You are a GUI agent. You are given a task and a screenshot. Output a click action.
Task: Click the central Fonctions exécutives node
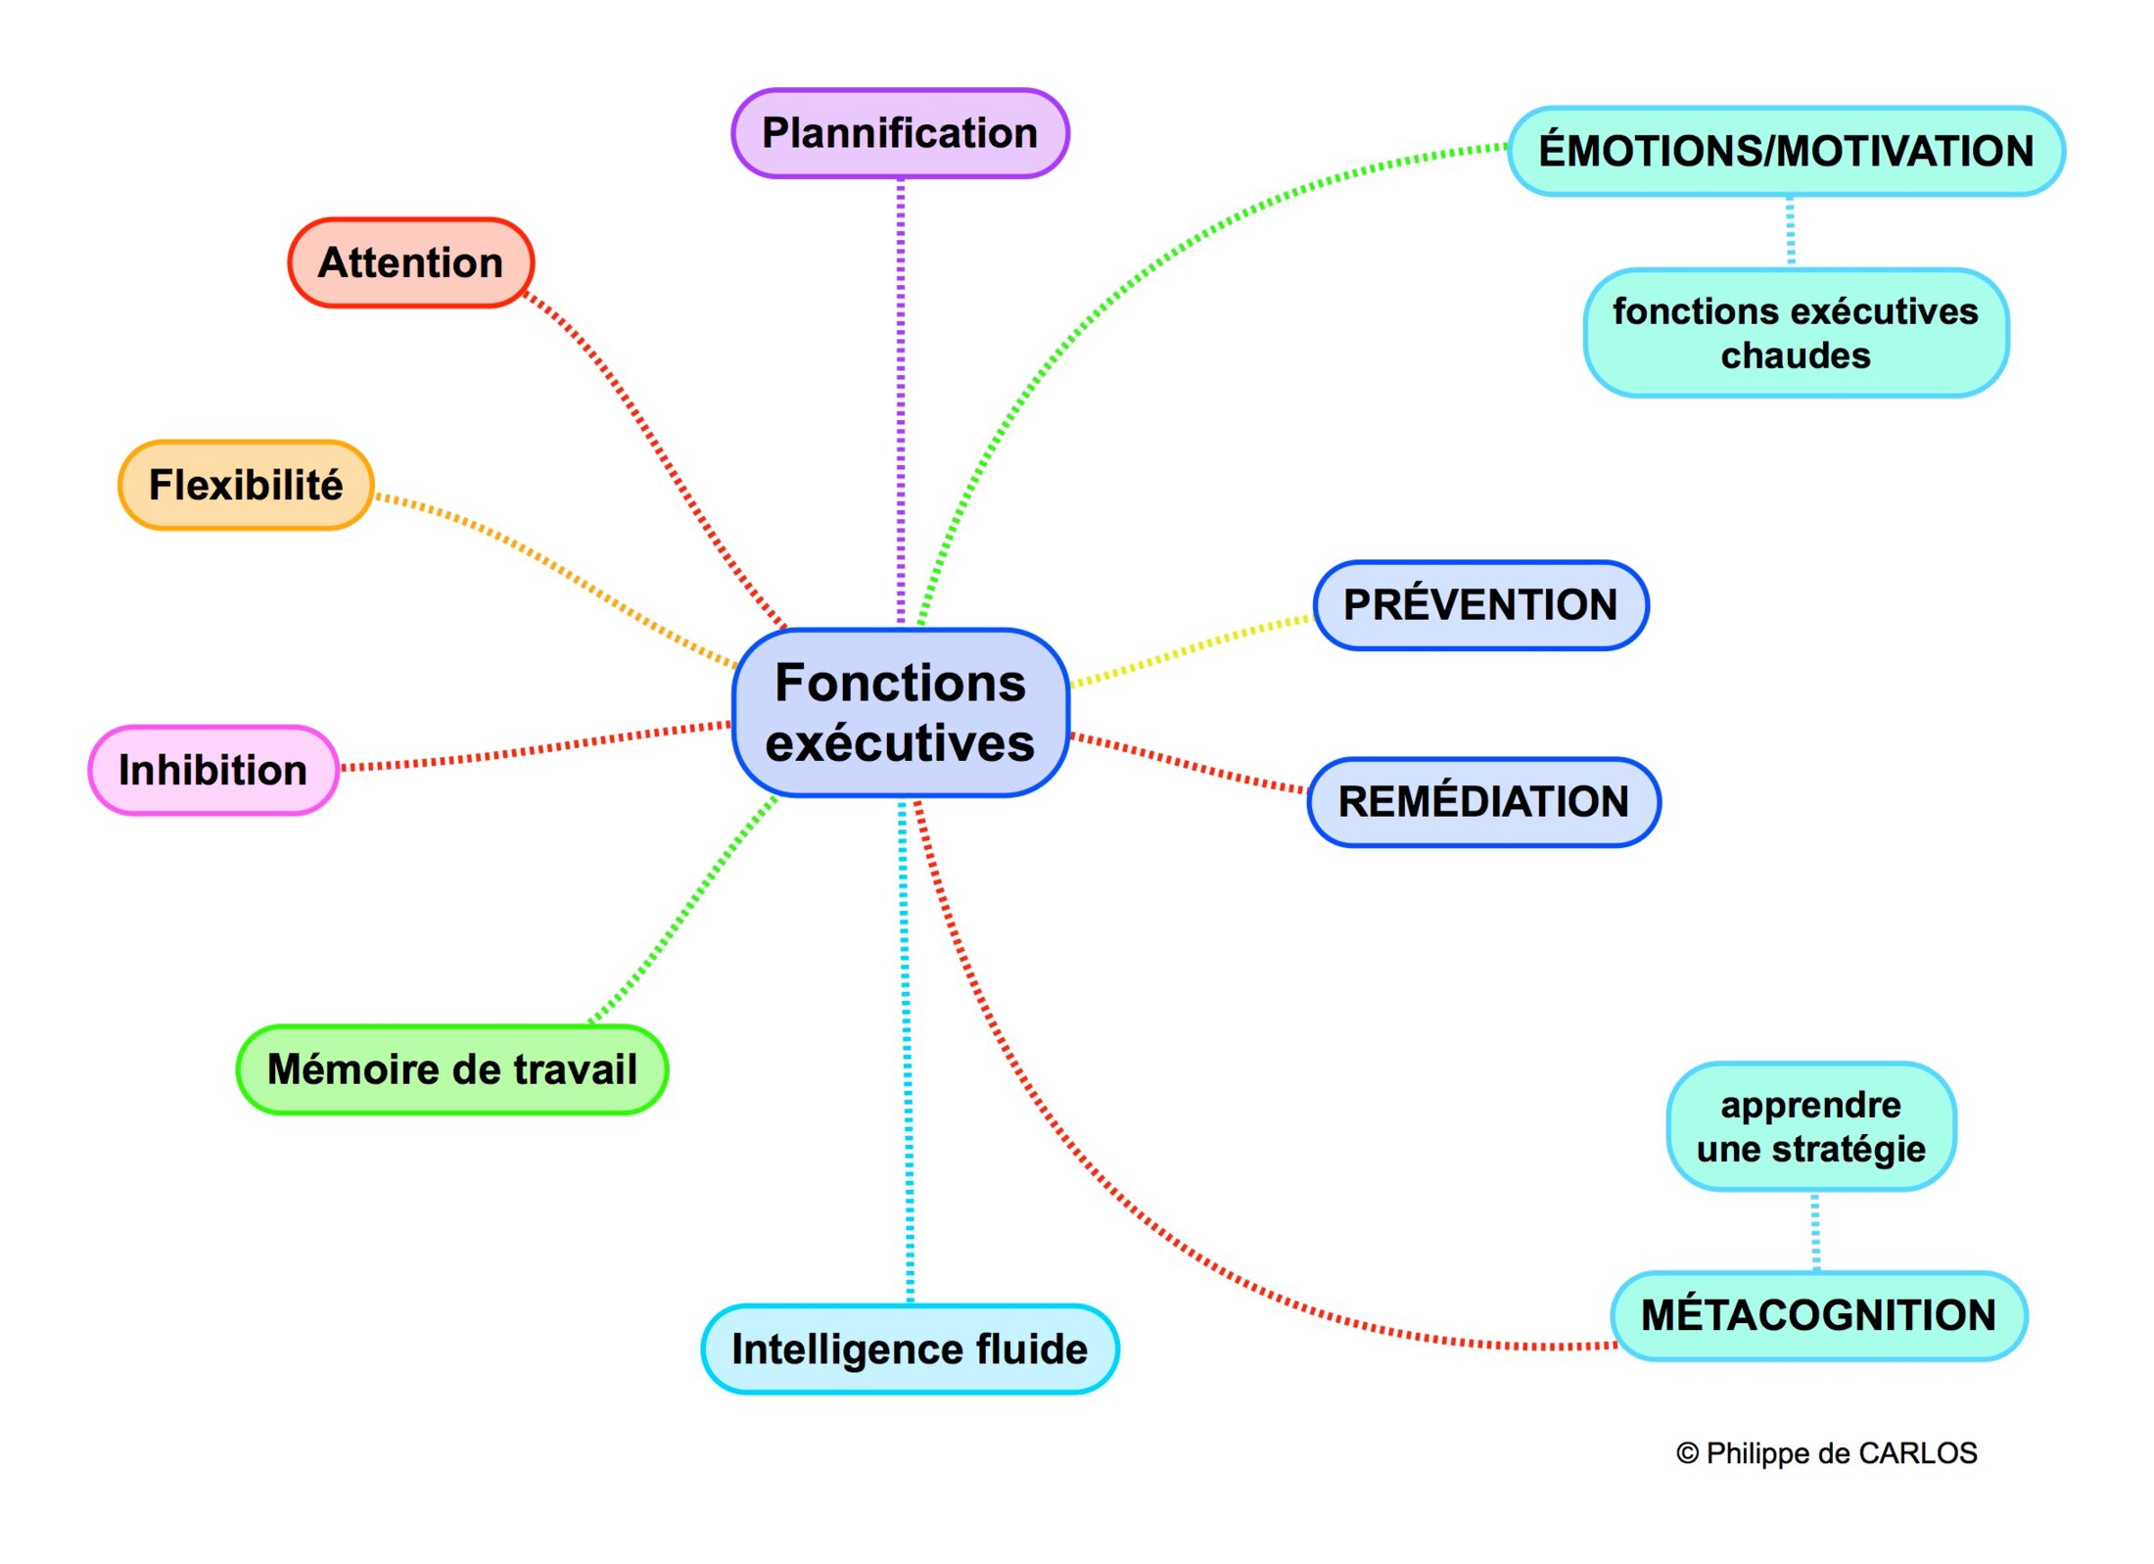(900, 712)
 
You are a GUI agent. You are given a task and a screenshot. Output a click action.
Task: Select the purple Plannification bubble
(900, 133)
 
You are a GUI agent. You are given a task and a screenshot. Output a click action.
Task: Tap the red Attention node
(410, 262)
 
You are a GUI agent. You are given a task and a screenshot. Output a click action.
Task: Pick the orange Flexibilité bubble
(246, 485)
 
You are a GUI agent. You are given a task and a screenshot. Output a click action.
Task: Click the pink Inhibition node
(212, 770)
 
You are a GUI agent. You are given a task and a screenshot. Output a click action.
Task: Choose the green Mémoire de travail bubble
(451, 1068)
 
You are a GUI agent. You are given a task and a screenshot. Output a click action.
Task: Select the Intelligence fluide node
(910, 1349)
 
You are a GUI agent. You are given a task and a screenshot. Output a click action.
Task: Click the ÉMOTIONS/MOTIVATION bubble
(1786, 151)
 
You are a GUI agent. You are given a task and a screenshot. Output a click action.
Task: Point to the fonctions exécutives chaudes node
(1796, 333)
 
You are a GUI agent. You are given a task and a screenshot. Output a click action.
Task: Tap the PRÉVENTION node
(1480, 604)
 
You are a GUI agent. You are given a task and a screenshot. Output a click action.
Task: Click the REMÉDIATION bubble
(1483, 801)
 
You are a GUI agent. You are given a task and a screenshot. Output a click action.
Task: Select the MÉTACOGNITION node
(1818, 1315)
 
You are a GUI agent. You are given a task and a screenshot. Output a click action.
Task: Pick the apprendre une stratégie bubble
(1810, 1126)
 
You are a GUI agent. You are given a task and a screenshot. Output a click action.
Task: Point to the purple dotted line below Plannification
(901, 392)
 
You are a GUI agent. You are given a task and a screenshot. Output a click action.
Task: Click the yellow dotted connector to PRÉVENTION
(1190, 650)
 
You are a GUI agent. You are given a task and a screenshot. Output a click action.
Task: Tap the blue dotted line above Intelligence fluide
(907, 1058)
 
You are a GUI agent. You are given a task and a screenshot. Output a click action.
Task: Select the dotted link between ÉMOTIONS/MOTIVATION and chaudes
(1791, 231)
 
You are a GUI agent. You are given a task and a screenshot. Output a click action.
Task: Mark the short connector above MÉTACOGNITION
(1816, 1231)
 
